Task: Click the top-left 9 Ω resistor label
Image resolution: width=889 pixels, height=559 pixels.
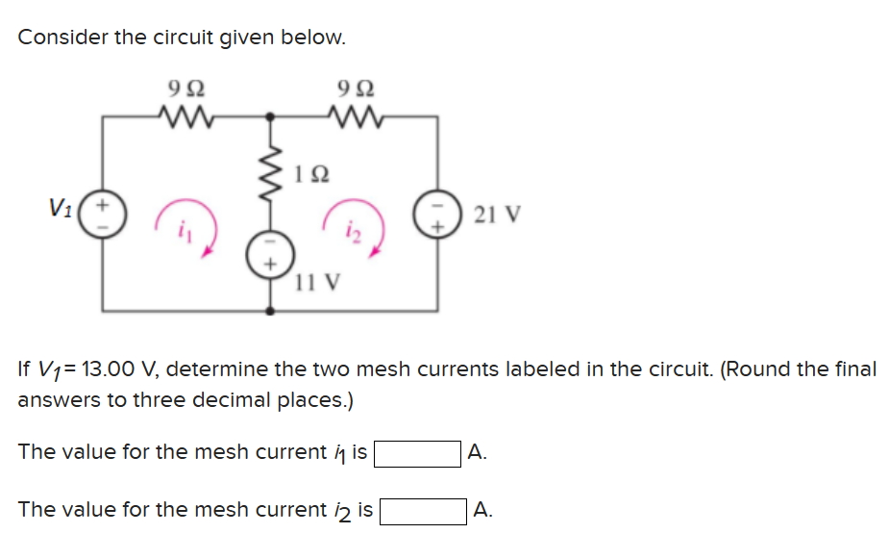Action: tap(185, 89)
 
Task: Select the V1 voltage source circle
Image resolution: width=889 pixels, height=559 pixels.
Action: tap(104, 212)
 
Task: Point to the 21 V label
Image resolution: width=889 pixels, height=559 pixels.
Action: tap(497, 214)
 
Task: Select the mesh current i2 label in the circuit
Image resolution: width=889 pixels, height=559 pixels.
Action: tap(352, 230)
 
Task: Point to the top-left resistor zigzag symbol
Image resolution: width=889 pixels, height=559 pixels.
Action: tap(185, 118)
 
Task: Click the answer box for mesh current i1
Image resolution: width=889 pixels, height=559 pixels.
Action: tap(417, 453)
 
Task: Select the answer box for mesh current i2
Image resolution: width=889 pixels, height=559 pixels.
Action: tap(424, 511)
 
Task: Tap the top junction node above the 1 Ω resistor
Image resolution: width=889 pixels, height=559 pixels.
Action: tap(270, 118)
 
